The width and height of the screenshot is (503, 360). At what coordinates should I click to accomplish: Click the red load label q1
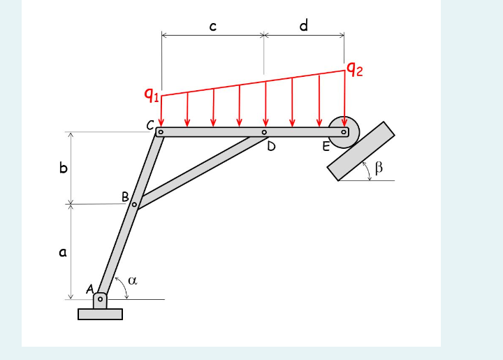(x=152, y=93)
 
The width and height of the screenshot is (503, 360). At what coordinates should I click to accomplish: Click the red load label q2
(x=355, y=69)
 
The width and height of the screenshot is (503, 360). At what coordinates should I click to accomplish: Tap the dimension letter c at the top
(x=212, y=27)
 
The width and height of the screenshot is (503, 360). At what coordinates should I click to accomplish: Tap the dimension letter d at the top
(x=303, y=26)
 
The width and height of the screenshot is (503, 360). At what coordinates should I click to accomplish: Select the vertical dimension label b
(x=63, y=168)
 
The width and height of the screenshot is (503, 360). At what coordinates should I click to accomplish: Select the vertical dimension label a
(x=62, y=253)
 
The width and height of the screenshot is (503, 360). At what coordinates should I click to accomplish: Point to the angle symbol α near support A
(x=132, y=280)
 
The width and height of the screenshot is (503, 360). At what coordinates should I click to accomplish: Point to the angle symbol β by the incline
(x=378, y=167)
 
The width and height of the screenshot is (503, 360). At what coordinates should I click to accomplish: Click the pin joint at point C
(x=161, y=131)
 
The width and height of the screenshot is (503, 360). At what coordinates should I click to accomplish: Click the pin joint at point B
(x=134, y=204)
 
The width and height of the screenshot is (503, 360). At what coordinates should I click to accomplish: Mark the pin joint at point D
(x=264, y=131)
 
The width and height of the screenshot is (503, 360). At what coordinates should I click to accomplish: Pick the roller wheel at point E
(x=344, y=132)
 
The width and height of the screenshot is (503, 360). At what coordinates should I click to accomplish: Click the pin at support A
(x=101, y=299)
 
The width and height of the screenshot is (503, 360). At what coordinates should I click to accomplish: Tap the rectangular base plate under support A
(x=100, y=314)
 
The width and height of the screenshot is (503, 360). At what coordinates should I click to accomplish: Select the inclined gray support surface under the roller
(x=360, y=152)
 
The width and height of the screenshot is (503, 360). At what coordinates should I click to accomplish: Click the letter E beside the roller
(x=326, y=147)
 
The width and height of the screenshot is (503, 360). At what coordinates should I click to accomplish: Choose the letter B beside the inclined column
(x=125, y=197)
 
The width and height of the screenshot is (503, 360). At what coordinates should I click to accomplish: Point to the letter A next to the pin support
(x=89, y=289)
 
